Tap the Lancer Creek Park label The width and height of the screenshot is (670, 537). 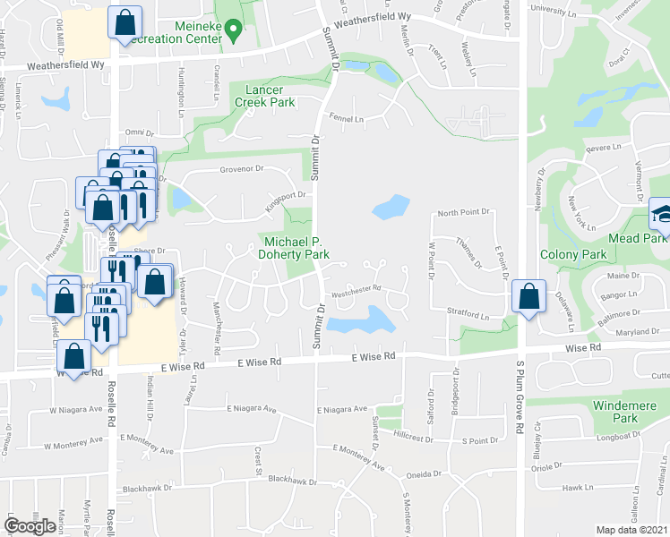coord(264,97)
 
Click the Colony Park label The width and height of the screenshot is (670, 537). coord(573,255)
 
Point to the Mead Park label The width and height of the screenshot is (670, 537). coord(637,238)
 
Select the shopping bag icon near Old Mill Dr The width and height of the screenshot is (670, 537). coord(125,21)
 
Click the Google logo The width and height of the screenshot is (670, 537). coord(30,526)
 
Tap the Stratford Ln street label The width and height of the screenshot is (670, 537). coord(469,316)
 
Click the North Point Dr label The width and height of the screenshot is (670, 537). coord(463,213)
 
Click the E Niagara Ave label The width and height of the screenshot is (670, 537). coord(341,409)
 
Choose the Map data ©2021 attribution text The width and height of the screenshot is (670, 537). coord(631,530)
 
